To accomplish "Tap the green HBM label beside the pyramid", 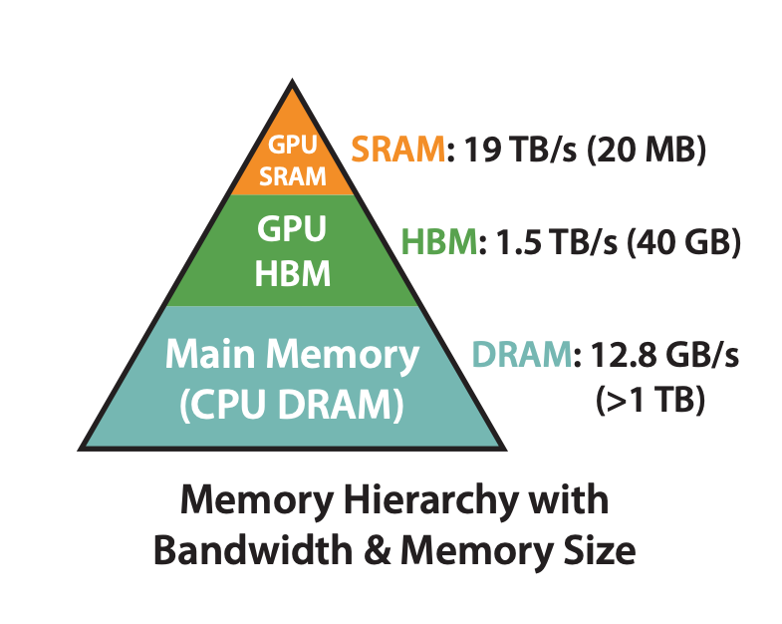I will click(x=438, y=244).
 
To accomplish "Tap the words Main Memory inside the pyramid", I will click(x=292, y=355).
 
